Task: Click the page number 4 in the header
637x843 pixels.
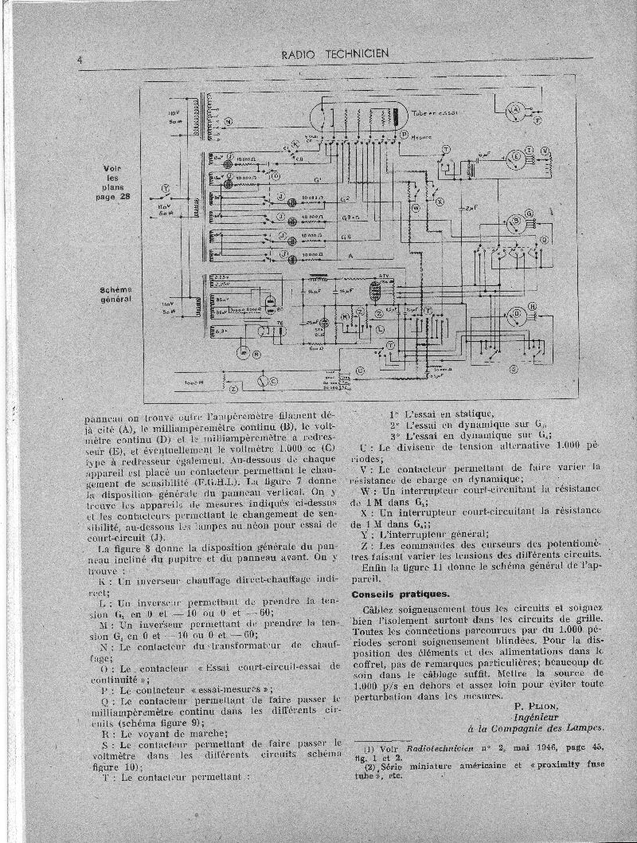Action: pos(81,61)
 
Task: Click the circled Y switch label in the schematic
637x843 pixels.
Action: pos(166,189)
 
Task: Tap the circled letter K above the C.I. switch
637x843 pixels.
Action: pos(295,144)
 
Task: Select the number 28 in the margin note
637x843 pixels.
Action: pos(123,198)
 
